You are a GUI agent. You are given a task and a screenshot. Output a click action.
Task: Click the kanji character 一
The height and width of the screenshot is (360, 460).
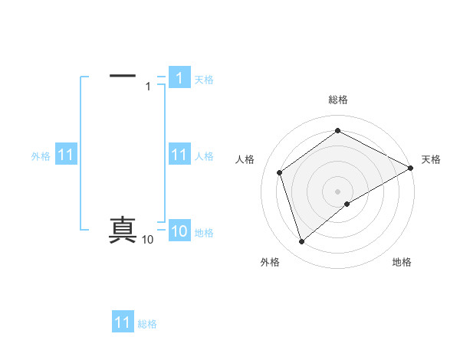(x=123, y=76)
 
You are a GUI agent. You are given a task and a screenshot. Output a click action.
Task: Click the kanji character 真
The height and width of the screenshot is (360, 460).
(x=123, y=231)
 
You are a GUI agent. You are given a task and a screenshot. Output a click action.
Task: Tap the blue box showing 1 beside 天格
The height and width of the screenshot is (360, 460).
(x=179, y=77)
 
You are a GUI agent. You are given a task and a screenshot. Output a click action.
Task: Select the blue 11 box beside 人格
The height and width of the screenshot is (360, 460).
(x=179, y=155)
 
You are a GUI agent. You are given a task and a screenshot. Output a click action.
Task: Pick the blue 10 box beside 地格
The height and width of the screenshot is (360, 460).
(x=179, y=232)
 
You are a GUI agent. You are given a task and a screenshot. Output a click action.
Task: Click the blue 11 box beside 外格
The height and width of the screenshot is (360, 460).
(x=66, y=155)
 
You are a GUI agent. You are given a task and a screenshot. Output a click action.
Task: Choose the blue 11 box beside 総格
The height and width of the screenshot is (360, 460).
(x=123, y=322)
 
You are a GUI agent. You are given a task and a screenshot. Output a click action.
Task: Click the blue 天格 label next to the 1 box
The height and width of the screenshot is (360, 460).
(x=204, y=79)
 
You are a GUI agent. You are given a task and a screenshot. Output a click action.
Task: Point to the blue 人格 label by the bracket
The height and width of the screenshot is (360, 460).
(x=204, y=156)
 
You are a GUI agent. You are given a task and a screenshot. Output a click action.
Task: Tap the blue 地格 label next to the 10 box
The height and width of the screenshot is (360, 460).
(x=204, y=233)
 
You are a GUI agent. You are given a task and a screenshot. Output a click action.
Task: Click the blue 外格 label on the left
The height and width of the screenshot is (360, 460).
(x=41, y=156)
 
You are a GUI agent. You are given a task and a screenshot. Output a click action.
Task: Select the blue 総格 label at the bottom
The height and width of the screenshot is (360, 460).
(x=147, y=324)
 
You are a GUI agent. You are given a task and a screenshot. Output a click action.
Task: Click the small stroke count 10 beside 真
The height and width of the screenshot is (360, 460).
(x=147, y=241)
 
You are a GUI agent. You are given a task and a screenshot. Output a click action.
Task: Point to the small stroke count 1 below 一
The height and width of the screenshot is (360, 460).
(x=148, y=87)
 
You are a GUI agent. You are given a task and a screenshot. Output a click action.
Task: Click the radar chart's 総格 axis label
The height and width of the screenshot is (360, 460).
(x=338, y=100)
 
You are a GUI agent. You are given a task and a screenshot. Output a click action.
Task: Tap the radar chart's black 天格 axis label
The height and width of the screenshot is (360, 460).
(x=431, y=159)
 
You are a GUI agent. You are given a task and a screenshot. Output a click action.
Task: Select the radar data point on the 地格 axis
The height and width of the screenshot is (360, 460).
(x=347, y=204)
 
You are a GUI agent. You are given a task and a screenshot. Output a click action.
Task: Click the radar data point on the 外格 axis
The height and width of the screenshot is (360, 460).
(x=301, y=242)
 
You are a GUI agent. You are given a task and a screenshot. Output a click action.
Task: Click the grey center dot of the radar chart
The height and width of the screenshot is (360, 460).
(x=338, y=191)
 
